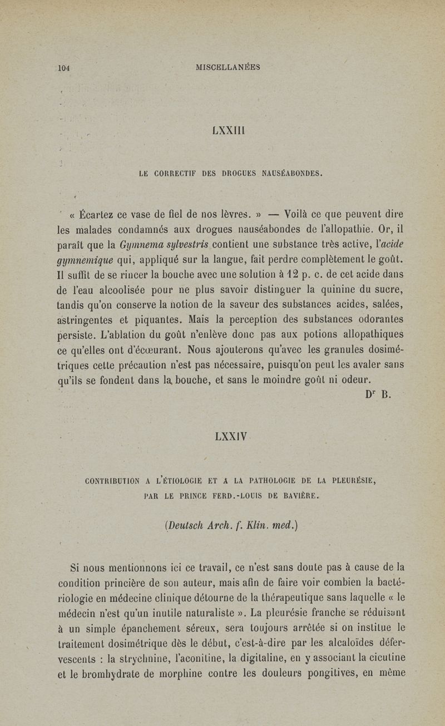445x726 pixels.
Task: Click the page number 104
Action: pos(62,68)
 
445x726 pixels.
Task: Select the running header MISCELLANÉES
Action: pos(229,67)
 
